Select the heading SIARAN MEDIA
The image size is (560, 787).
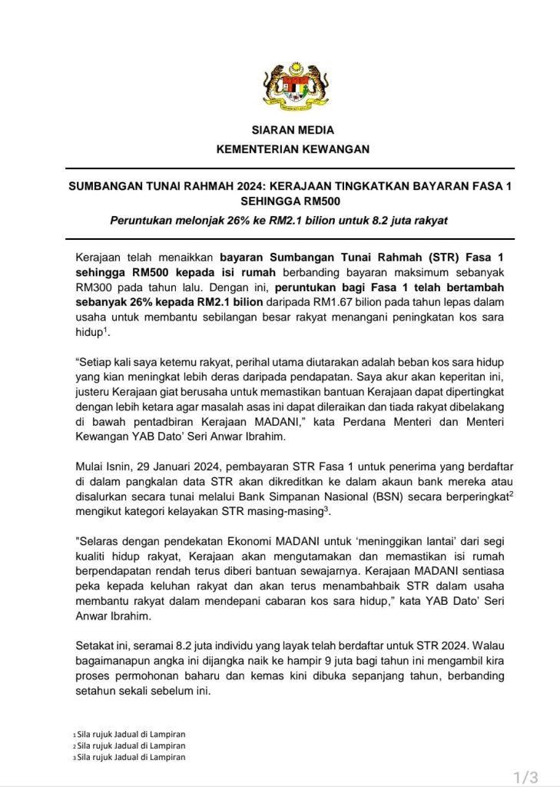pos(293,130)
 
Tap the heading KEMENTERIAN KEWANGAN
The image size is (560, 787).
pos(293,149)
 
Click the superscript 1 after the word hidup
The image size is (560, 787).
pos(104,329)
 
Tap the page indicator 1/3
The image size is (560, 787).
pos(525,777)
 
